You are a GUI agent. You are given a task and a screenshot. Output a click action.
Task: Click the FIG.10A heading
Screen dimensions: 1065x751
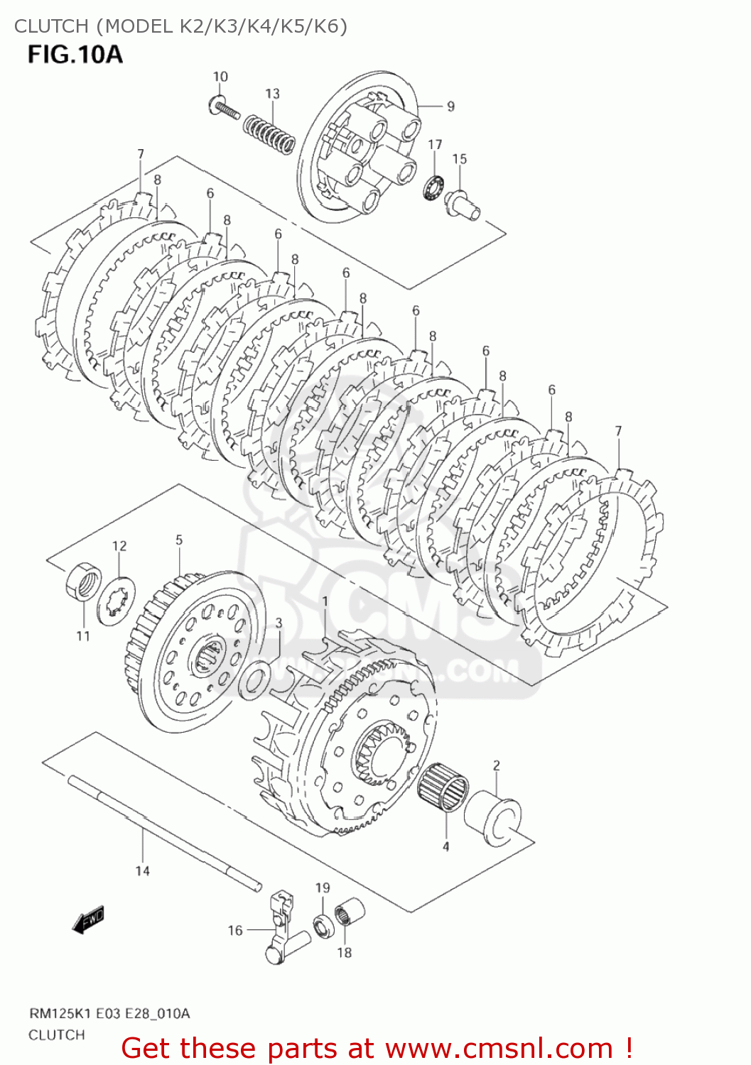(x=75, y=55)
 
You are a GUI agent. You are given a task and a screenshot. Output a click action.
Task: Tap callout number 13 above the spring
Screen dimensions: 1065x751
(x=272, y=94)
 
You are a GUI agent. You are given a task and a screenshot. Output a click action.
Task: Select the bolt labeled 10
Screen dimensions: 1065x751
(x=225, y=109)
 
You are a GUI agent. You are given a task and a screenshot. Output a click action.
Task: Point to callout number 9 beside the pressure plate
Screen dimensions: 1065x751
(x=450, y=106)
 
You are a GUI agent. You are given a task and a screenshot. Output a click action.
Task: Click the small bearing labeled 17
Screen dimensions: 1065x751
(x=433, y=187)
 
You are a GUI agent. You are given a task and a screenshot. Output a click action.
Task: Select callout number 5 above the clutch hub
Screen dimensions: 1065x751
(x=179, y=540)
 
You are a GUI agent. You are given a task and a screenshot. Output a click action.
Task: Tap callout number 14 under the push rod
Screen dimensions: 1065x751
(x=142, y=871)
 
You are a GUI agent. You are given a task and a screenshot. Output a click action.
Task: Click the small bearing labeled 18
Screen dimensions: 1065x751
(x=349, y=912)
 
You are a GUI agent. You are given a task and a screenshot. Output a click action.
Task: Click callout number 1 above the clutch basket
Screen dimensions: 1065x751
(x=325, y=602)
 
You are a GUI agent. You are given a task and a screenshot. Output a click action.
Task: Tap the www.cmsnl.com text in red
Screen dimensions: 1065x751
(x=499, y=1048)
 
